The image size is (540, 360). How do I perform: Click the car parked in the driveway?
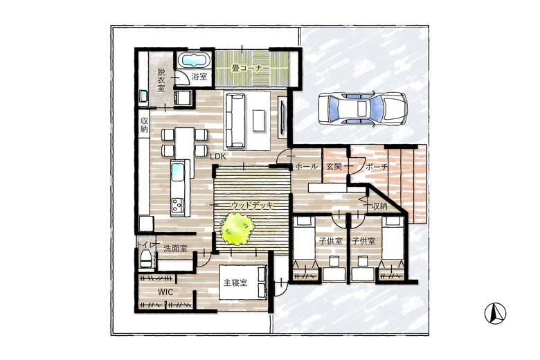click(x=363, y=109)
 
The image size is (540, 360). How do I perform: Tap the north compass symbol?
click(x=495, y=314)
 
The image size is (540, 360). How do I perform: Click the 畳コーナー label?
click(x=251, y=69)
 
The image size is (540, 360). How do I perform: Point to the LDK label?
click(x=218, y=156)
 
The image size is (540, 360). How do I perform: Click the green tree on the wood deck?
click(x=237, y=228)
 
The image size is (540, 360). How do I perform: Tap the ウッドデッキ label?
click(x=253, y=206)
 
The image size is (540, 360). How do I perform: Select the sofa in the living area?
click(x=234, y=120)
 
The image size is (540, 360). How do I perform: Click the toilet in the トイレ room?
click(x=146, y=259)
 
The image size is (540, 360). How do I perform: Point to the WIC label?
click(x=165, y=292)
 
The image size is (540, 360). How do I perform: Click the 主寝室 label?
click(x=235, y=283)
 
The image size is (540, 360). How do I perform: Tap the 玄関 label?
click(x=334, y=167)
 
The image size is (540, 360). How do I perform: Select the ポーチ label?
click(x=377, y=167)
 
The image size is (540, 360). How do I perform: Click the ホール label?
click(x=307, y=167)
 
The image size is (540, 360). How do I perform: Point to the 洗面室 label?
click(x=175, y=248)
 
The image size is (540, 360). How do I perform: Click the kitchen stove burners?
click(x=177, y=205)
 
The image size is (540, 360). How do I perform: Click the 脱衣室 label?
click(x=161, y=80)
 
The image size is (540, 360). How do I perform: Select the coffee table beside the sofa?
click(x=259, y=120)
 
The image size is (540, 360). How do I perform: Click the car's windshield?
click(x=378, y=109)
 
